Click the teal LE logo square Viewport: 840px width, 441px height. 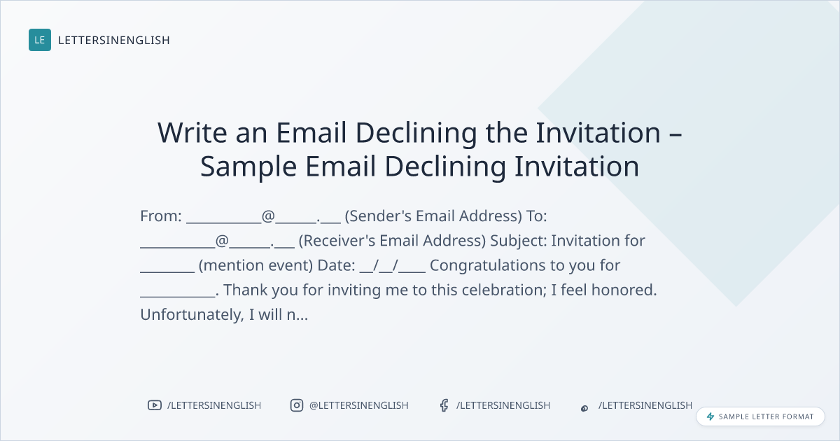click(x=40, y=40)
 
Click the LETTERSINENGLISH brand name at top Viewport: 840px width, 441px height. click(x=114, y=40)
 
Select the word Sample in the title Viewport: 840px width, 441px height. click(x=248, y=167)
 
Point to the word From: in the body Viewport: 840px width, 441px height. click(x=161, y=216)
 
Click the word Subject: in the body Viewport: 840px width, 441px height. click(x=518, y=241)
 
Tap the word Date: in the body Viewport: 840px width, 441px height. click(x=337, y=265)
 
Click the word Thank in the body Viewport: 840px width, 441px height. click(x=245, y=290)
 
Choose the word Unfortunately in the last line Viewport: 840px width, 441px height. click(x=190, y=315)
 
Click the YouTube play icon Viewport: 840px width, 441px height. click(x=155, y=405)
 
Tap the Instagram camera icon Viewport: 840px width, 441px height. click(x=297, y=405)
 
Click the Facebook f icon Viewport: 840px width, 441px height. click(x=444, y=405)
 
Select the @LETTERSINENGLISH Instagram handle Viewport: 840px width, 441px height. click(x=359, y=405)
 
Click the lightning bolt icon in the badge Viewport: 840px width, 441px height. click(x=710, y=416)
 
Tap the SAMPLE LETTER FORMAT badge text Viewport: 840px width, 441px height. click(x=766, y=416)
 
